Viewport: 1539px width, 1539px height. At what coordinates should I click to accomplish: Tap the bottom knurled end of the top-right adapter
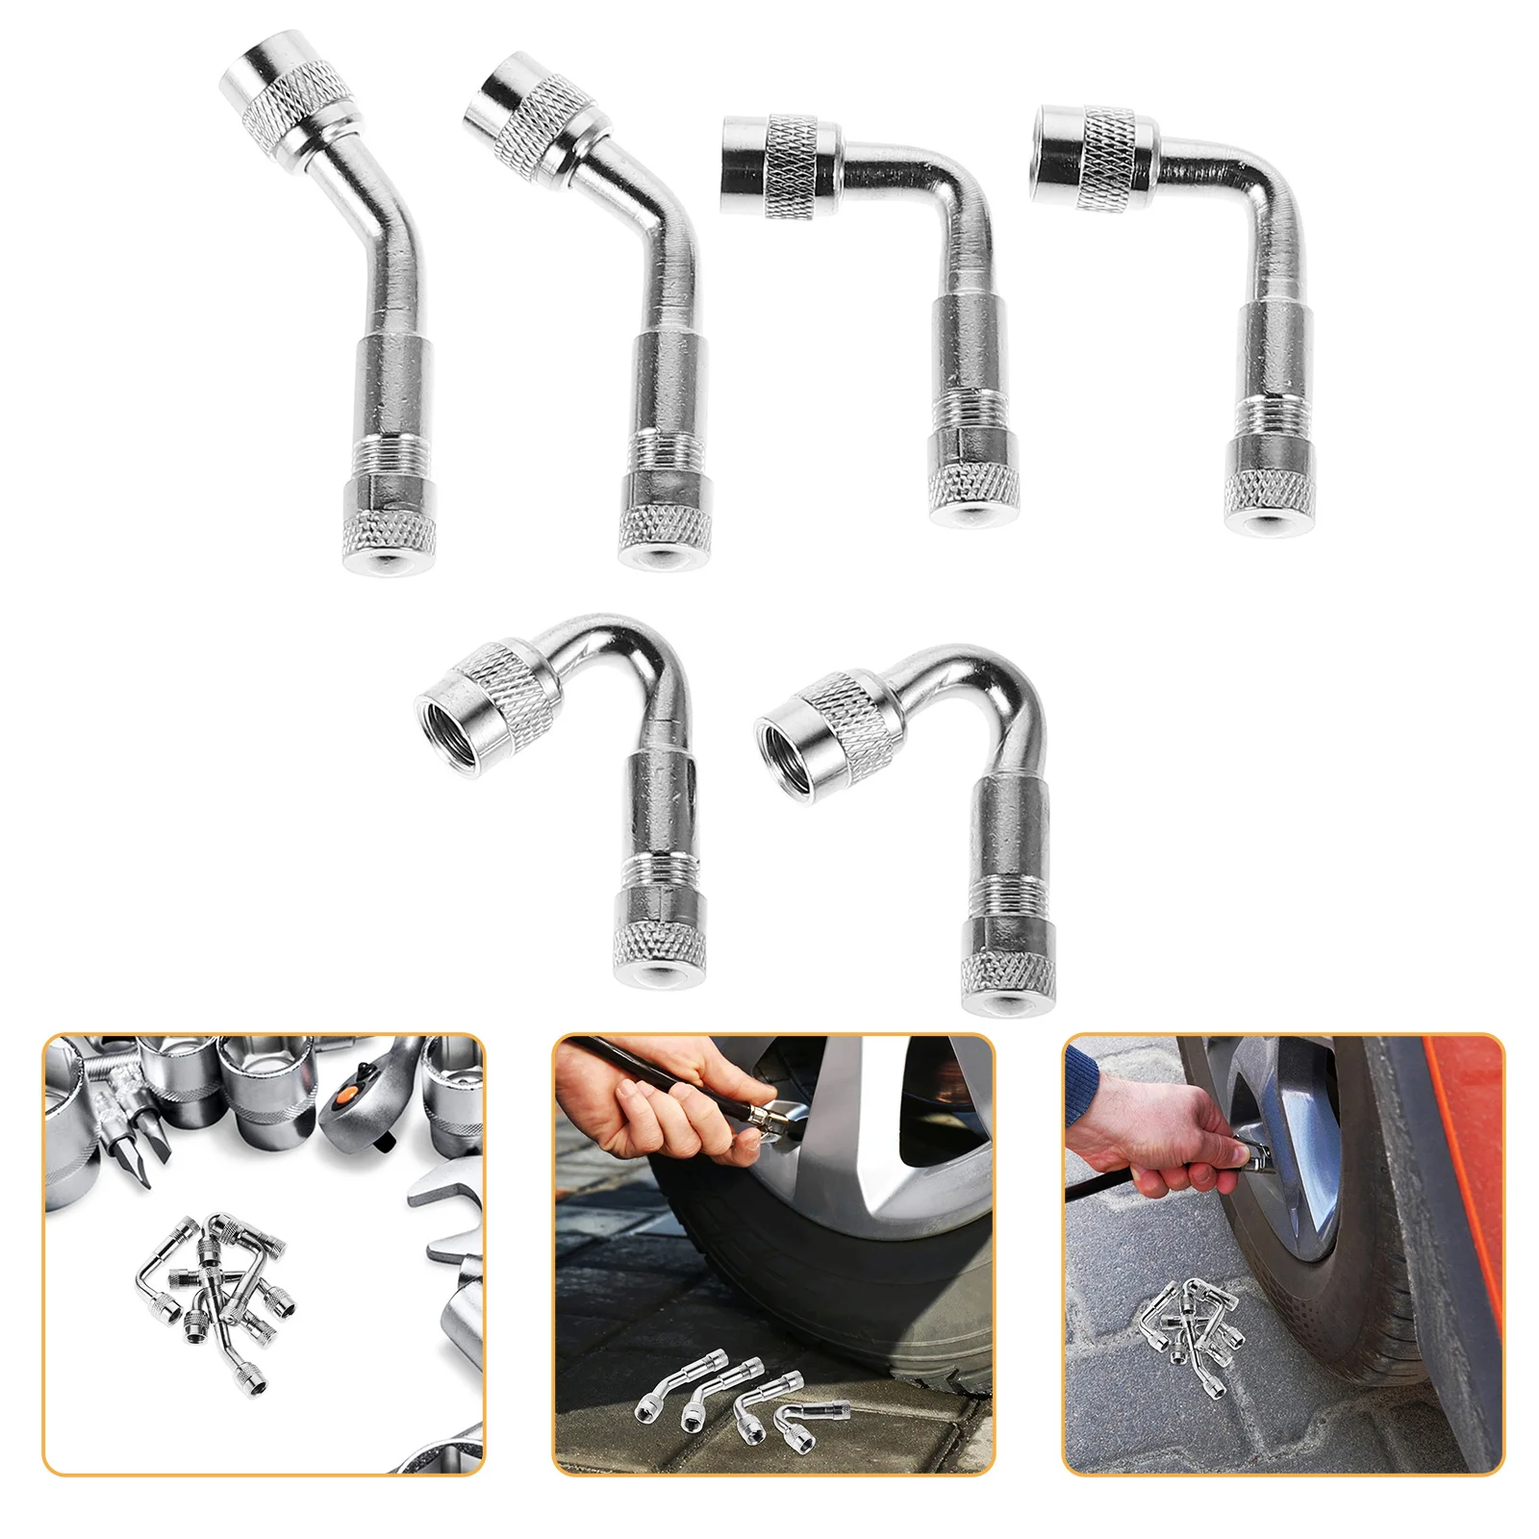point(1269,500)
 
